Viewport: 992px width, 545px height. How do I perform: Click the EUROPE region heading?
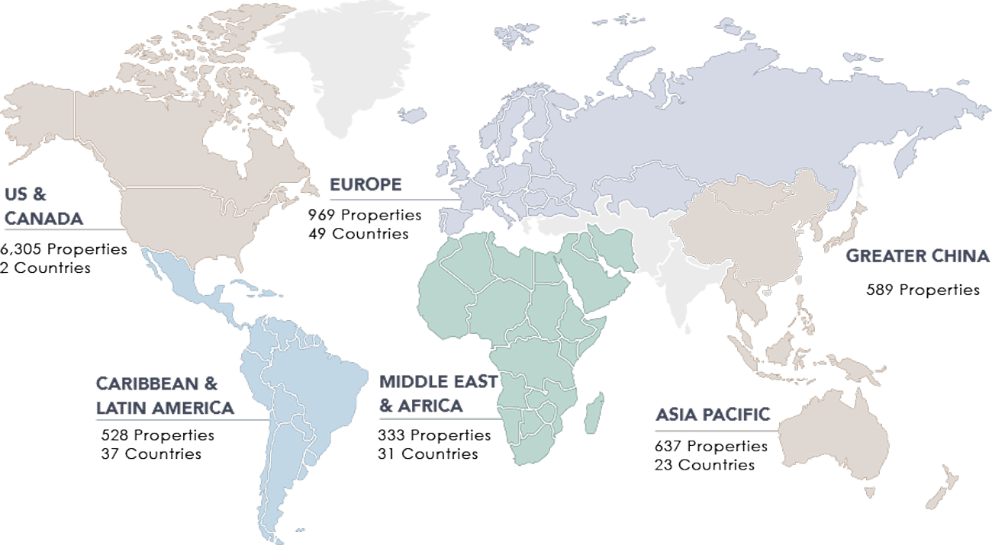(366, 185)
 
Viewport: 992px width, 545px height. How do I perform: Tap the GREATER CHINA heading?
(918, 257)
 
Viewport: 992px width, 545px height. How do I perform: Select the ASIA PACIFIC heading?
(713, 415)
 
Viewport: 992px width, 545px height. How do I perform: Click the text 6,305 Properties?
(64, 249)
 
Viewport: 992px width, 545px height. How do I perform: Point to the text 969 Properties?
(365, 215)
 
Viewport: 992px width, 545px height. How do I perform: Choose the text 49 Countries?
(359, 233)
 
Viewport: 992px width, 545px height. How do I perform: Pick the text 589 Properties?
(923, 290)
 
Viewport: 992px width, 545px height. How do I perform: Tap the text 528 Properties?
(158, 435)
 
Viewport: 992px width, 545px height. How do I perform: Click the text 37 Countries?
(151, 454)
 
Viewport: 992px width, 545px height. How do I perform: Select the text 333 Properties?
(434, 435)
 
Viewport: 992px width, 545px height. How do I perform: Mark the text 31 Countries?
(428, 454)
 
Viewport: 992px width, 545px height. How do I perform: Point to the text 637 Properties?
(711, 446)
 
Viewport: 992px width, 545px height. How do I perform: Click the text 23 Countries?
(704, 464)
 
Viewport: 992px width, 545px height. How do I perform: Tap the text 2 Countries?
(45, 268)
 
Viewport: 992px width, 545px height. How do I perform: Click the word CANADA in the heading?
(44, 219)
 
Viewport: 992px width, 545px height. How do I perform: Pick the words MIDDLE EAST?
(439, 381)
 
